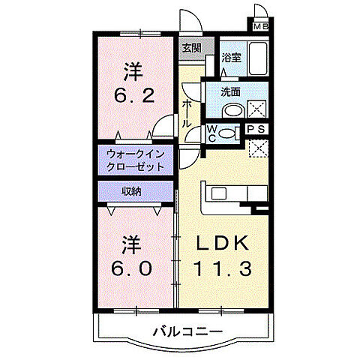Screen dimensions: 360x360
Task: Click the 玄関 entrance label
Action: click(191, 48)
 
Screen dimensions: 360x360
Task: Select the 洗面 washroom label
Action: click(231, 92)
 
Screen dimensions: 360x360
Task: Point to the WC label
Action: click(211, 133)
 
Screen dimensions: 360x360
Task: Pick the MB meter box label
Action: click(261, 28)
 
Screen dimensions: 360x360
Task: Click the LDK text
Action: click(223, 244)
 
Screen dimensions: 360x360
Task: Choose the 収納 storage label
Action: click(131, 191)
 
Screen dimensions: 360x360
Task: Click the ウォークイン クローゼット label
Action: click(135, 158)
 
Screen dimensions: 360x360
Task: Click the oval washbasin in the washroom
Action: click(232, 110)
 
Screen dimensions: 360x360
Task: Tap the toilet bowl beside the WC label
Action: click(233, 133)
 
